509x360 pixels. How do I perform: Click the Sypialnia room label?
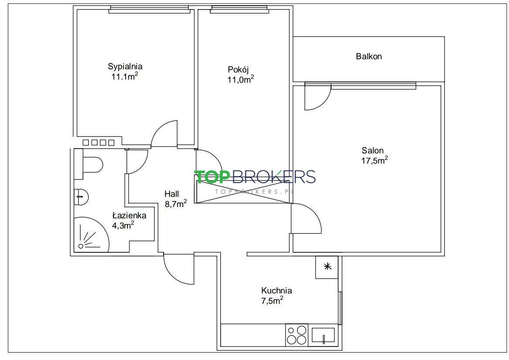pyautogui.click(x=125, y=67)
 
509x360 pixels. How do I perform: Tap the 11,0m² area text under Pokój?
pyautogui.click(x=240, y=79)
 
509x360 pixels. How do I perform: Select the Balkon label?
pyautogui.click(x=369, y=56)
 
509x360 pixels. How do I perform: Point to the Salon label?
pyautogui.click(x=372, y=150)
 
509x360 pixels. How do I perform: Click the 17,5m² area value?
pyautogui.click(x=375, y=160)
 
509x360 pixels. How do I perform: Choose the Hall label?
pyautogui.click(x=172, y=194)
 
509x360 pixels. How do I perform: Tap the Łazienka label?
pyautogui.click(x=129, y=215)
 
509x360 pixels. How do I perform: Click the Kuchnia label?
pyautogui.click(x=277, y=290)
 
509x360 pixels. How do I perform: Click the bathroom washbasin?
pyautogui.click(x=82, y=197)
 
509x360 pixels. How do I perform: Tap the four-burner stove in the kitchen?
pyautogui.click(x=297, y=335)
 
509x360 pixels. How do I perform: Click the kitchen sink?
pyautogui.click(x=323, y=335)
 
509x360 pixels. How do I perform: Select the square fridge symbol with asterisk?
pyautogui.click(x=327, y=267)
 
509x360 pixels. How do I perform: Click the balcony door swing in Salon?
pyautogui.click(x=318, y=97)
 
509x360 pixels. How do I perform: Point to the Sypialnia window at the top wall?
pyautogui.click(x=149, y=10)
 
